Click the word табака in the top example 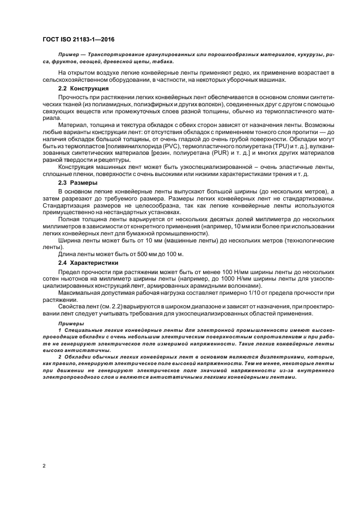163,62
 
